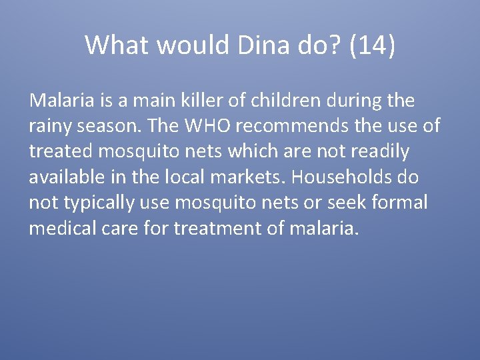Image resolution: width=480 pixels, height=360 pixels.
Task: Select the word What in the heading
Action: [113, 45]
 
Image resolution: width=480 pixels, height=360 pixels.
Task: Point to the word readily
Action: [381, 151]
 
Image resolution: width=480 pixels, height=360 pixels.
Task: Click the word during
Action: [353, 101]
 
